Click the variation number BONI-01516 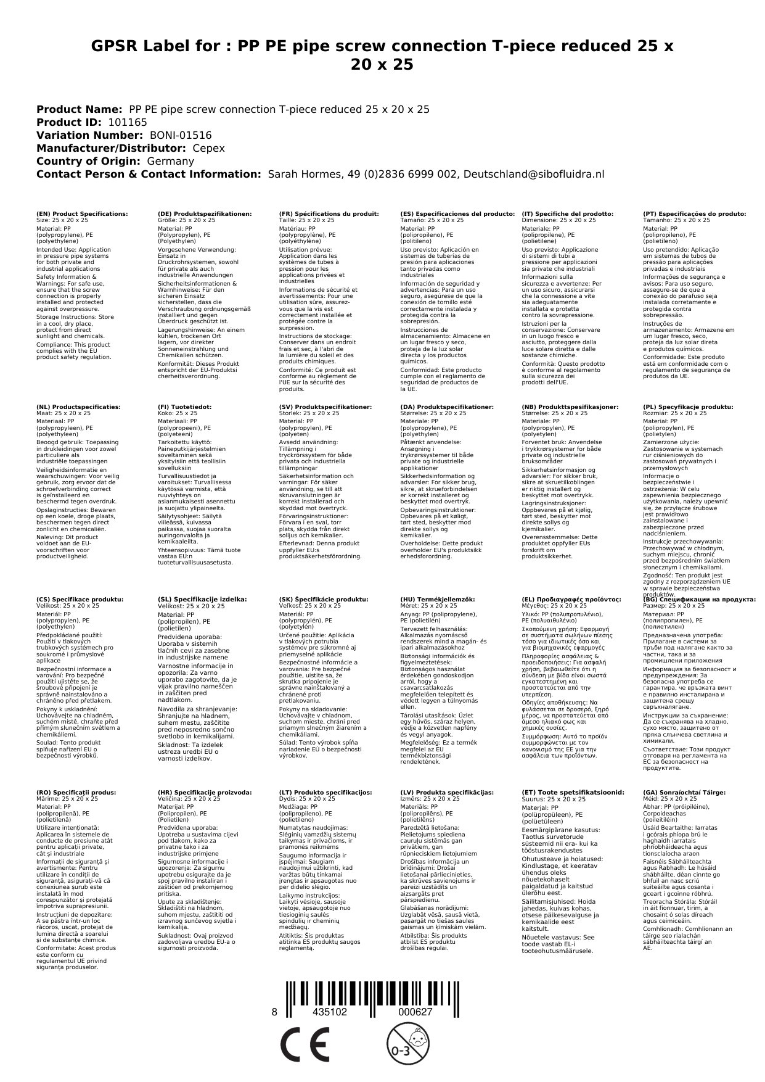tap(181, 135)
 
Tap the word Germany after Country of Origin tap(170, 161)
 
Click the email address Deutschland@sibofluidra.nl tap(534, 174)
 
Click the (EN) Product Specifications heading tap(83, 213)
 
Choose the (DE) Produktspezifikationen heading tap(205, 213)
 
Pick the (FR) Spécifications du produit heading tap(329, 213)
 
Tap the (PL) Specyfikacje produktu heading tap(688, 407)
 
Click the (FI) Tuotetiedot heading tap(185, 407)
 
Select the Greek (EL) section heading tap(571, 599)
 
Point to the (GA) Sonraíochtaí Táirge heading tap(684, 792)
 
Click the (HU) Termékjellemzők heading tap(438, 599)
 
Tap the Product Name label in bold tap(79, 109)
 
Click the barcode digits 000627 tap(415, 1012)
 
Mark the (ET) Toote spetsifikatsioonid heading tap(573, 792)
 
